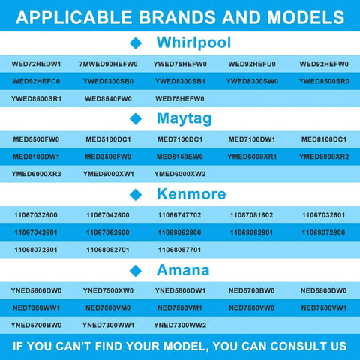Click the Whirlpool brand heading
pyautogui.click(x=193, y=43)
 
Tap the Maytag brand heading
pyautogui.click(x=184, y=118)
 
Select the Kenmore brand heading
pyautogui.click(x=191, y=194)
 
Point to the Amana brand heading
pyautogui.click(x=183, y=270)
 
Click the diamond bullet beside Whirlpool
pyautogui.click(x=136, y=43)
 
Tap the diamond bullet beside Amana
pyautogui.click(x=136, y=271)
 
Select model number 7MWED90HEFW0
pyautogui.click(x=108, y=64)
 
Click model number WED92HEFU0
pyautogui.click(x=252, y=64)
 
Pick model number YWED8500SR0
pyautogui.click(x=324, y=81)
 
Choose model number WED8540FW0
pyautogui.click(x=108, y=99)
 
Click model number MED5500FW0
pyautogui.click(x=36, y=139)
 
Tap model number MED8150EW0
pyautogui.click(x=180, y=157)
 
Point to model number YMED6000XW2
pyautogui.click(x=180, y=174)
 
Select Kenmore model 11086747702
pyautogui.click(x=179, y=215)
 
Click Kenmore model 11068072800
pyautogui.click(x=323, y=232)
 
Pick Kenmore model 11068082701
pyautogui.click(x=108, y=250)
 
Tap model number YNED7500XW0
pyautogui.click(x=108, y=290)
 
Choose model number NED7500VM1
pyautogui.click(x=180, y=307)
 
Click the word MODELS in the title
pyautogui.click(x=306, y=17)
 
